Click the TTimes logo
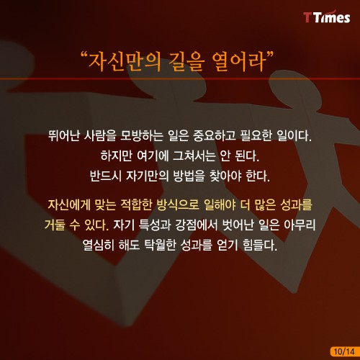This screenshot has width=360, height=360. click(x=327, y=17)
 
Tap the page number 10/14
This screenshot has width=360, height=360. click(x=344, y=351)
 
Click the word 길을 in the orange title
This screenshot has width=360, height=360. click(x=186, y=62)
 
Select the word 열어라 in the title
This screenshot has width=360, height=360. click(x=239, y=62)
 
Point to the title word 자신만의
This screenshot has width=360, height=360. click(x=125, y=62)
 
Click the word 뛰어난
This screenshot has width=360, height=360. click(x=64, y=135)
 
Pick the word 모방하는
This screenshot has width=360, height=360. click(x=141, y=135)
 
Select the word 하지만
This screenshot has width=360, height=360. click(x=117, y=156)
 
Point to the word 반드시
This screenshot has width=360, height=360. click(x=106, y=176)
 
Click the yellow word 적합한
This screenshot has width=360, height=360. click(x=136, y=204)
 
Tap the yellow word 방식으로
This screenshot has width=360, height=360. click(x=178, y=204)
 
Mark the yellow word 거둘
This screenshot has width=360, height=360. click(x=55, y=225)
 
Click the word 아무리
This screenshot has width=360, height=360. click(x=300, y=225)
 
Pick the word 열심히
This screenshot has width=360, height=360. click(x=99, y=245)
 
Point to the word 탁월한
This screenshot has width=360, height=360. click(x=160, y=245)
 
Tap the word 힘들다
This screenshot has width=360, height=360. click(x=260, y=245)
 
